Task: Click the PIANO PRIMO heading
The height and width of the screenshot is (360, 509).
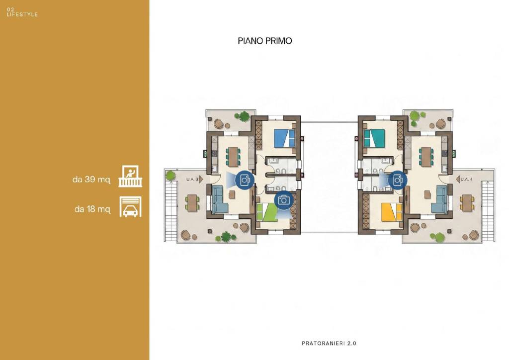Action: (264, 41)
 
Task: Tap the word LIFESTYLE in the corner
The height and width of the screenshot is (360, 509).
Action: (22, 14)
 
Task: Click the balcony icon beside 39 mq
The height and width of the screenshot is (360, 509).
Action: (130, 176)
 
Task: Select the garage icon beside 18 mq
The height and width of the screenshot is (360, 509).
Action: (130, 206)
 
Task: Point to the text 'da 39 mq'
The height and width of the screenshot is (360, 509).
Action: (91, 180)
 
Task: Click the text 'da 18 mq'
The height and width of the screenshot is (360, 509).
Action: (92, 209)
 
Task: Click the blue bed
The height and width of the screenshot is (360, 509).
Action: (284, 138)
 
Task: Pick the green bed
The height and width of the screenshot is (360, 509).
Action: (267, 212)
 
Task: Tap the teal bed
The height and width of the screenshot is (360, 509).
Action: (374, 138)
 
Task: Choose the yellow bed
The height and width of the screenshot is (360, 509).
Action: (392, 212)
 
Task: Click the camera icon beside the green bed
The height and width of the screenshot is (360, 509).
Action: (284, 200)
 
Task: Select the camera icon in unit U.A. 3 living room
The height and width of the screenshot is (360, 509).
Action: (245, 180)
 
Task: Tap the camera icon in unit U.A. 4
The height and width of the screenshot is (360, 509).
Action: (398, 180)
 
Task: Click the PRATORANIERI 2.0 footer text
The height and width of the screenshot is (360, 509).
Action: (329, 343)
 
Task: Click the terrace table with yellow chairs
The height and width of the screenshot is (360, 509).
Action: (467, 202)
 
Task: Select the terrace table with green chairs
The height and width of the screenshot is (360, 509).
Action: (192, 202)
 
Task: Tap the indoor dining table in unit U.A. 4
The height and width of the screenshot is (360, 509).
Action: (425, 157)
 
